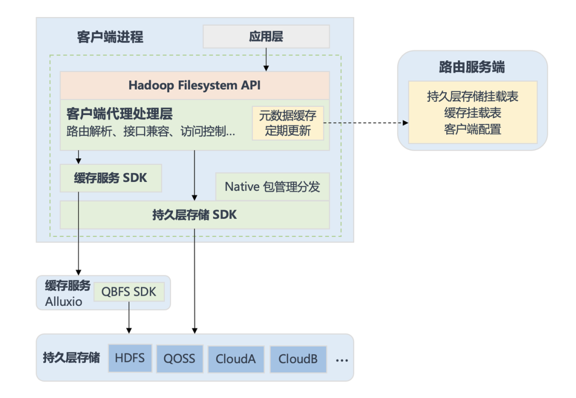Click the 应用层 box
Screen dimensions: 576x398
266,36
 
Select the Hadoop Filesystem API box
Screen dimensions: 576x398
195,85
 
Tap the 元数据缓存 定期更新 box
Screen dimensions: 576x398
287,123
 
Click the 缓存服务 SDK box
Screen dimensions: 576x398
111,178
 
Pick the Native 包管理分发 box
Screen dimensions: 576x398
272,187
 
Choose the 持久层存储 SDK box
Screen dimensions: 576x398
195,215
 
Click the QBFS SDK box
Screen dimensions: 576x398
129,292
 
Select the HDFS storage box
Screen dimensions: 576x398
130,359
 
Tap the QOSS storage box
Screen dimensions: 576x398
180,359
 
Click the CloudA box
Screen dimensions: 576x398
236,359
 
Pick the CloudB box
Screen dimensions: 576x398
298,359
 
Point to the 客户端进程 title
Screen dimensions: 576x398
110,37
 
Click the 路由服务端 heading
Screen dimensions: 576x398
472,67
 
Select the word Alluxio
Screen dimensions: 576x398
63,302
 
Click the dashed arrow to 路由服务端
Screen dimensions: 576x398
366,123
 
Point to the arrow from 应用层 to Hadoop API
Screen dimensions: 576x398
266,60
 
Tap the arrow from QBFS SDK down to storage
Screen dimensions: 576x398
129,317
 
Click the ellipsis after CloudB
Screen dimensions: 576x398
342,361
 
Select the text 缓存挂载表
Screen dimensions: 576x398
473,113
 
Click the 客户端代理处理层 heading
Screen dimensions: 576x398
119,114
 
